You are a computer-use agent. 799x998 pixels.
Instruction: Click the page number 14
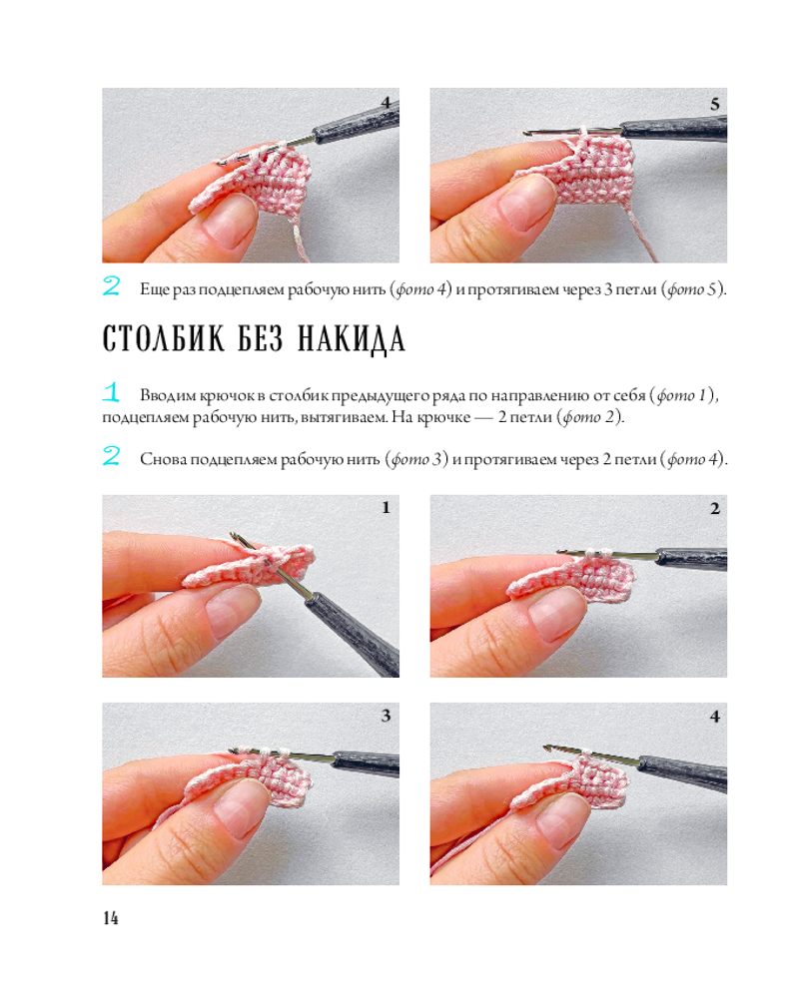tap(110, 917)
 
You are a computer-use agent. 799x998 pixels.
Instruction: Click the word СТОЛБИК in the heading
tap(163, 338)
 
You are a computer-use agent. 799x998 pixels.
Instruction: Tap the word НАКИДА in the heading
tap(352, 340)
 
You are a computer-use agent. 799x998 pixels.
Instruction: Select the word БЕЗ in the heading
tap(261, 338)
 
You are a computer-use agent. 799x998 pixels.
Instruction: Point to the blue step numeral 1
tap(111, 392)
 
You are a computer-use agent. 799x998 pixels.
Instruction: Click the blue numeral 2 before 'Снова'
tap(111, 456)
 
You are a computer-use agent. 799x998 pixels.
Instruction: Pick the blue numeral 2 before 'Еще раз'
tap(111, 285)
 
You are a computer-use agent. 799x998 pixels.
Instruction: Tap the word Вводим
tap(168, 395)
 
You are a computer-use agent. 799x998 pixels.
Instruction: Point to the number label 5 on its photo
tap(715, 104)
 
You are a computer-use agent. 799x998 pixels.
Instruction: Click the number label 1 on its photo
tap(386, 507)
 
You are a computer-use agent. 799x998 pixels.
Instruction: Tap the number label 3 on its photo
tap(386, 716)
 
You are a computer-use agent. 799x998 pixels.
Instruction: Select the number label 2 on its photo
tap(715, 508)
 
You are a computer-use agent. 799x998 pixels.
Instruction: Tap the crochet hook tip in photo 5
tap(526, 134)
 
